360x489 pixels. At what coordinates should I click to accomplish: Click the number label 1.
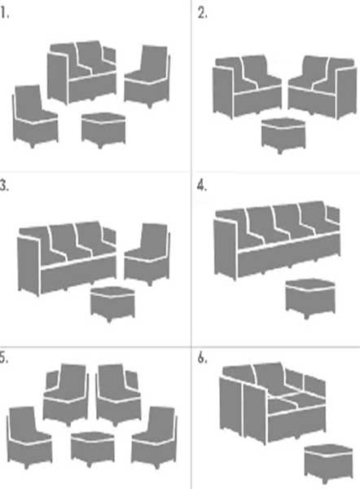point(4,13)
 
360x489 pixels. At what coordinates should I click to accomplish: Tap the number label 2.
point(202,13)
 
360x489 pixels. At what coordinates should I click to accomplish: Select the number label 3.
point(4,186)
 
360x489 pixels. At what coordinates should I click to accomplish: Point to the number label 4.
point(202,186)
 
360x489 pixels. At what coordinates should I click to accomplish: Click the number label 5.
point(4,359)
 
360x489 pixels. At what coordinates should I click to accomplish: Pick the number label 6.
point(202,359)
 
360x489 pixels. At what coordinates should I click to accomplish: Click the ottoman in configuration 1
point(103,130)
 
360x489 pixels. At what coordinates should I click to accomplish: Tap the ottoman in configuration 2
point(283,135)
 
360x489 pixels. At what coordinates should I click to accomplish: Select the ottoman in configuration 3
point(112,304)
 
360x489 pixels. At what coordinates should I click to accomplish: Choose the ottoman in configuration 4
point(310,299)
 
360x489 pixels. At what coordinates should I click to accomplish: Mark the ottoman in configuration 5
point(93,449)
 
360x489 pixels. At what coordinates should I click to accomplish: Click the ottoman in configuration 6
point(328,465)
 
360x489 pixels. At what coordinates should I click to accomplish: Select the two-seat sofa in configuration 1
point(81,73)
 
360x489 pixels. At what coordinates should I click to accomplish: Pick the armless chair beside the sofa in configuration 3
point(147,254)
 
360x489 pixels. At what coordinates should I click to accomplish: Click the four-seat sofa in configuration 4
point(277,240)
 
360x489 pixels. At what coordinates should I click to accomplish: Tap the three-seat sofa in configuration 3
point(67,258)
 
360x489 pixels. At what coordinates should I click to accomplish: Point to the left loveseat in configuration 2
point(247,86)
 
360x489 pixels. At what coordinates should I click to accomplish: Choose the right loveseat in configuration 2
point(322,87)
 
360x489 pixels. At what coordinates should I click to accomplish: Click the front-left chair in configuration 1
point(35,116)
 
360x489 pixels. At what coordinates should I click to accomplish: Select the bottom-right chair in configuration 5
point(154,437)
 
